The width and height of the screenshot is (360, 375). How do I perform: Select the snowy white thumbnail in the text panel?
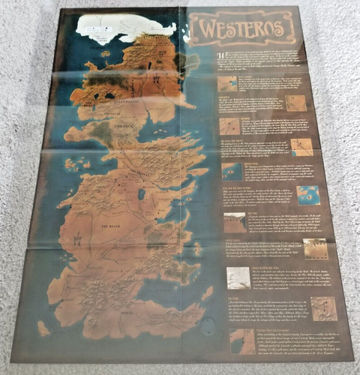tap(238, 277)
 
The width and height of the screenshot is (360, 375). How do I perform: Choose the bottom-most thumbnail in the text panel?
tap(243, 341)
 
